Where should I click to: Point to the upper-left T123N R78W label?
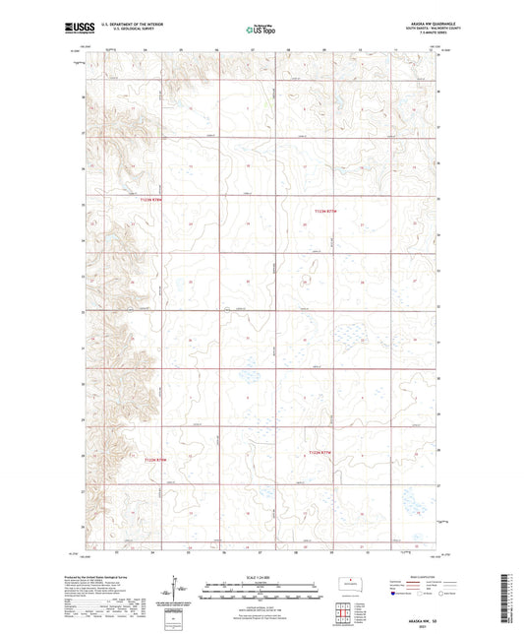pos(149,201)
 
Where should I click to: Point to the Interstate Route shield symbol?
pos(395,594)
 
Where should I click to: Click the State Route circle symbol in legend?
pos(440,594)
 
